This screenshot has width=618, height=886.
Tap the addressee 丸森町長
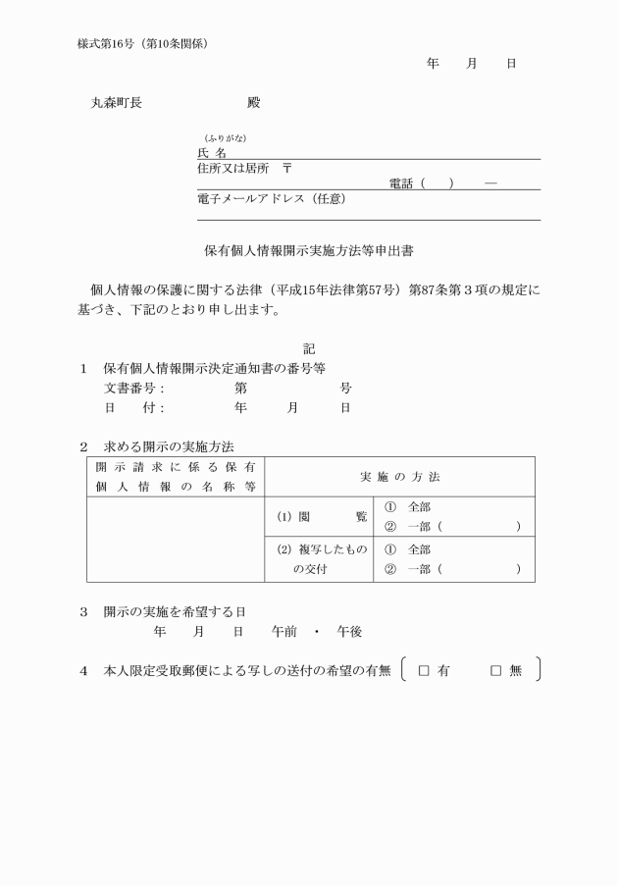116,102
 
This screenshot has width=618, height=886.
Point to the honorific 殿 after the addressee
254,102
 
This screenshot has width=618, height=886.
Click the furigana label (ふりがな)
217,138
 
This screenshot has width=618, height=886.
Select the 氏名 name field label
212,153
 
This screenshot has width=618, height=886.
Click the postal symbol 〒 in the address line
286,168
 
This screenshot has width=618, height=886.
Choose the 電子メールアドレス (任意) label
271,198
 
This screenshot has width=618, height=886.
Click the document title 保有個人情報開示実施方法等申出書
309,251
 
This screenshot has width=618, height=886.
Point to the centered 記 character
309,348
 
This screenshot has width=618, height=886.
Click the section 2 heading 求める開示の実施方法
169,446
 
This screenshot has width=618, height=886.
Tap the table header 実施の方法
399,476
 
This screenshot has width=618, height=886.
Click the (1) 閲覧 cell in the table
319,517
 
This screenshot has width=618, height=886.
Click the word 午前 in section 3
284,632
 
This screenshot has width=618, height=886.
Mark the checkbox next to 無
495,671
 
